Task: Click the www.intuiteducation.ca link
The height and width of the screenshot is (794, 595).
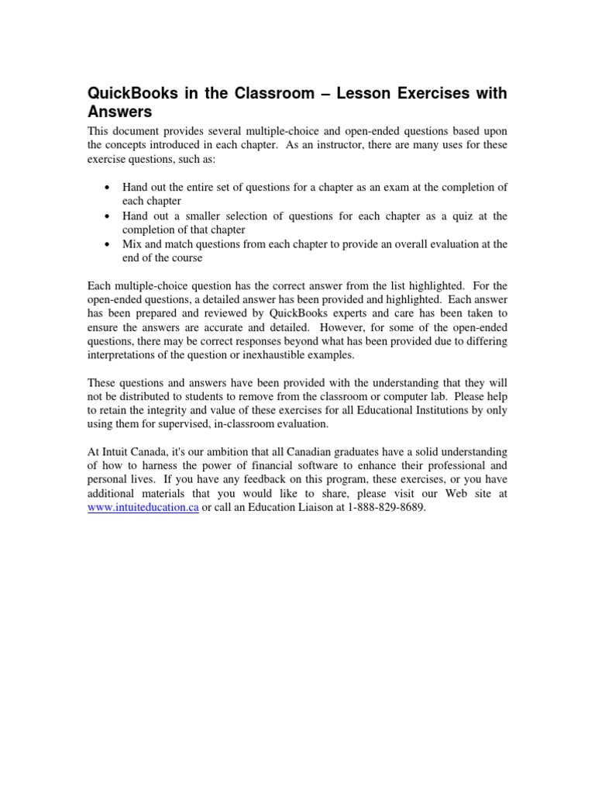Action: coord(143,507)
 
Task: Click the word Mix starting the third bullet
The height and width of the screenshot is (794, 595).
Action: coord(133,243)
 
